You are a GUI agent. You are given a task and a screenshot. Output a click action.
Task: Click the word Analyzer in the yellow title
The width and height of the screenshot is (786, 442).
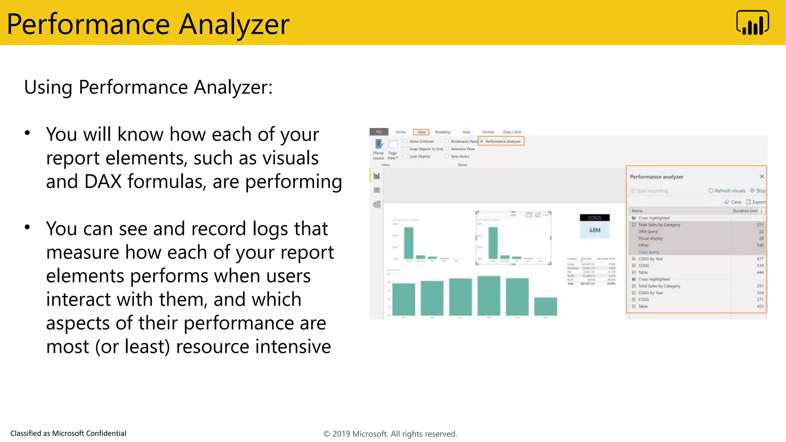[234, 24]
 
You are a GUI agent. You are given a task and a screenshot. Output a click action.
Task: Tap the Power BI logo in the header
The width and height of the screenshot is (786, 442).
[752, 23]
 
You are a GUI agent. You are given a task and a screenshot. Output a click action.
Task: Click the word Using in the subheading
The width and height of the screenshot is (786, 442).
[48, 87]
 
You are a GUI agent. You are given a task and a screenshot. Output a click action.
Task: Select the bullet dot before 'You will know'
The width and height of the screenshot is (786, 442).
[27, 133]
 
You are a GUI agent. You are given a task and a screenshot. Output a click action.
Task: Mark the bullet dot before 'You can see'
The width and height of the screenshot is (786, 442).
[27, 227]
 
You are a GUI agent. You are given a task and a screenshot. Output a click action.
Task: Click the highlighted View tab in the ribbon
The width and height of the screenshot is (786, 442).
[421, 132]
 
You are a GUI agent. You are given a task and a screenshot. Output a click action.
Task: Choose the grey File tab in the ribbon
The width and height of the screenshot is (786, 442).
[379, 132]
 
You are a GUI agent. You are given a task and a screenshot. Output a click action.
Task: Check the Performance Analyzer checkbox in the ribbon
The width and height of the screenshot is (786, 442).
[482, 141]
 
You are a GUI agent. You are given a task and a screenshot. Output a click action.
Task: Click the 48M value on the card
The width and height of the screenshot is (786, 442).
[594, 230]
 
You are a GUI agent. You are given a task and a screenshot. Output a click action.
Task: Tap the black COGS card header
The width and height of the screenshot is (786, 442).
[594, 218]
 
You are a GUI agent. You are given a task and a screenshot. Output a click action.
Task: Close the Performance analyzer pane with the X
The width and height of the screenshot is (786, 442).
[762, 176]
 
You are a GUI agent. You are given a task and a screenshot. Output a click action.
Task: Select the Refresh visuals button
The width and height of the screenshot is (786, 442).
[727, 191]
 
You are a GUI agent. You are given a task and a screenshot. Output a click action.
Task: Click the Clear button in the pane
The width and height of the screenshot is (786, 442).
[733, 202]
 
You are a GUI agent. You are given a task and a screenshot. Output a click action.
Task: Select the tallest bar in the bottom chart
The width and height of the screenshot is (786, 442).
[489, 295]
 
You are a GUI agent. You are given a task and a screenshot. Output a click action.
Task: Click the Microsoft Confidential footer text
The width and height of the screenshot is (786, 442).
[68, 433]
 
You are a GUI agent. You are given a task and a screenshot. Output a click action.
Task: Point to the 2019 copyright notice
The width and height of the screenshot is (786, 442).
[390, 434]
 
